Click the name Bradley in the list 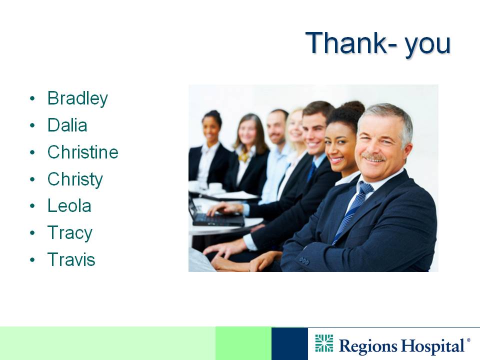(77, 98)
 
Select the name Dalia (67, 125)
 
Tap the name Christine (82, 152)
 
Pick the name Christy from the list (75, 179)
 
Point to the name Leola (69, 205)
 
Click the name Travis (71, 259)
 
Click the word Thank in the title (346, 43)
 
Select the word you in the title (428, 46)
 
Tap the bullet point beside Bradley (32, 98)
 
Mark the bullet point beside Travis (32, 260)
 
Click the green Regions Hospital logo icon (324, 343)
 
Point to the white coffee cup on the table (215, 187)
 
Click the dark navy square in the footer (289, 344)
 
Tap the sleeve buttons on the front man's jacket (304, 261)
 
